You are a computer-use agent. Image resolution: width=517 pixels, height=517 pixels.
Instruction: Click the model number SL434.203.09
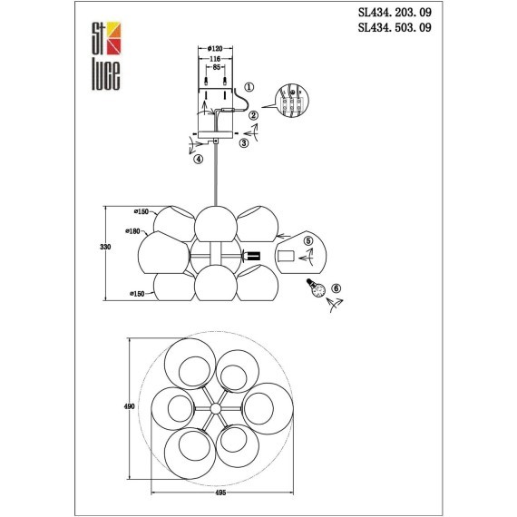click(395, 13)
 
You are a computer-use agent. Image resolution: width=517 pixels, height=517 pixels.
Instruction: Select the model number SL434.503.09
click(395, 27)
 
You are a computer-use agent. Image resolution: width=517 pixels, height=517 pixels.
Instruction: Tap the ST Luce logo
click(106, 55)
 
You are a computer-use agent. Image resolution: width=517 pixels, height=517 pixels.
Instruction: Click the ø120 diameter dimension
click(215, 49)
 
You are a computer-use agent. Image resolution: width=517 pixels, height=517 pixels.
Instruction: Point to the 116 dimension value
click(215, 59)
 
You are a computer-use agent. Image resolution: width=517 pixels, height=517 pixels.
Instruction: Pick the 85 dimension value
click(216, 68)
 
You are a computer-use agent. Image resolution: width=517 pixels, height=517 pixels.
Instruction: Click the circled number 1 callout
click(249, 87)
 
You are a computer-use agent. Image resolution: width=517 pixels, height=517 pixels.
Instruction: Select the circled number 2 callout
click(254, 115)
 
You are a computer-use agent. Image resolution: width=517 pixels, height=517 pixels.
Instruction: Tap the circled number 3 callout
click(244, 143)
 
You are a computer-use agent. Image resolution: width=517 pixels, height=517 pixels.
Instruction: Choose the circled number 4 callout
click(198, 160)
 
